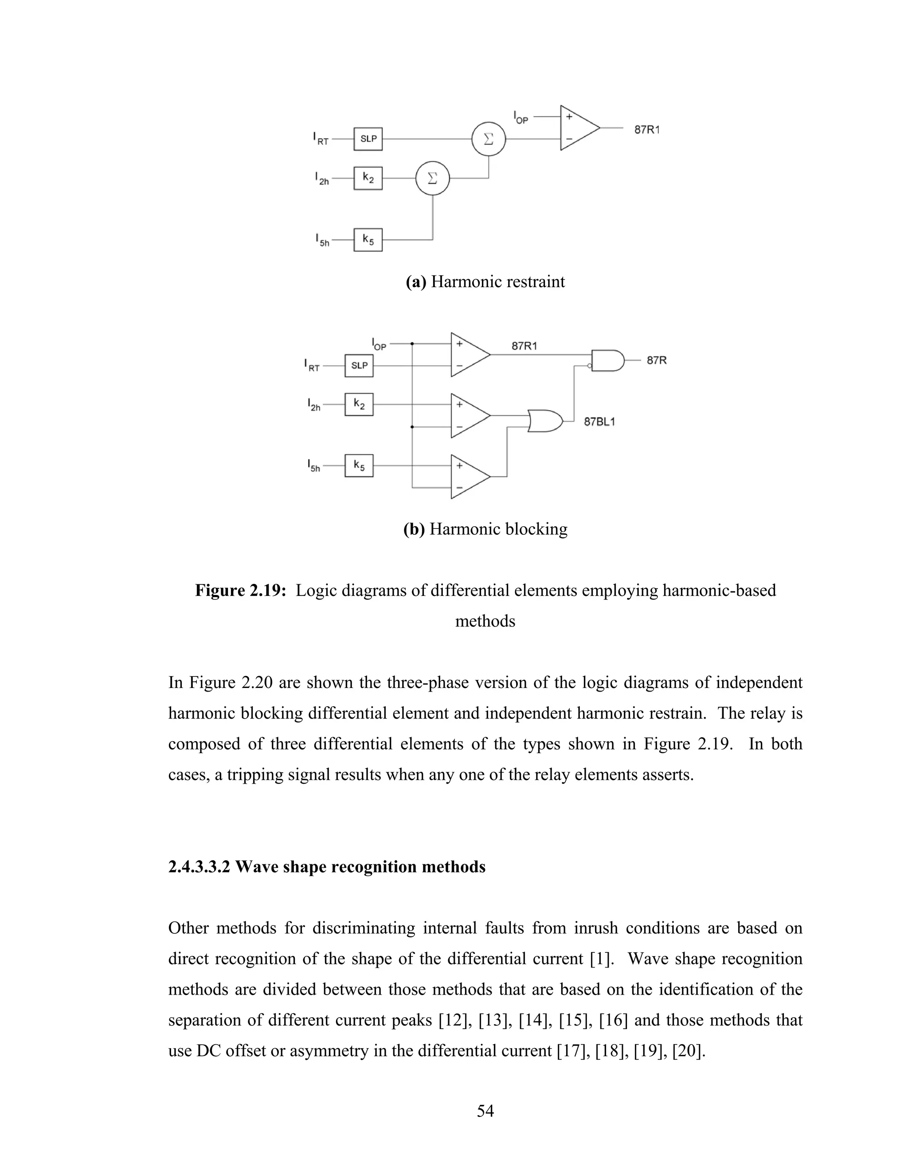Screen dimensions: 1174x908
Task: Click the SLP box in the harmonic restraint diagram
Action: (368, 139)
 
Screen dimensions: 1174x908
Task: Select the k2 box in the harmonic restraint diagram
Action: (368, 178)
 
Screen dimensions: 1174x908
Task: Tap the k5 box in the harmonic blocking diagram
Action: (359, 466)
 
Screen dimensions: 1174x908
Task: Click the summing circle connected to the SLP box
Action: (489, 139)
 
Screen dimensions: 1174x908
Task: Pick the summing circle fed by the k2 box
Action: (432, 179)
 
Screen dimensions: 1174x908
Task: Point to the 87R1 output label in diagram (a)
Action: (646, 129)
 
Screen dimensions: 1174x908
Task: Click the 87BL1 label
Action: (599, 422)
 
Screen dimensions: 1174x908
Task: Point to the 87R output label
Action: (656, 360)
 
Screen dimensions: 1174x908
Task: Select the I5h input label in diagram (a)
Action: (322, 240)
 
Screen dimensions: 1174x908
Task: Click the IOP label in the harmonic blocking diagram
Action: (379, 344)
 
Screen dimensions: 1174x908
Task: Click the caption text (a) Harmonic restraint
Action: (485, 282)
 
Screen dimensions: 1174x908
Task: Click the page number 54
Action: (485, 1111)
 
